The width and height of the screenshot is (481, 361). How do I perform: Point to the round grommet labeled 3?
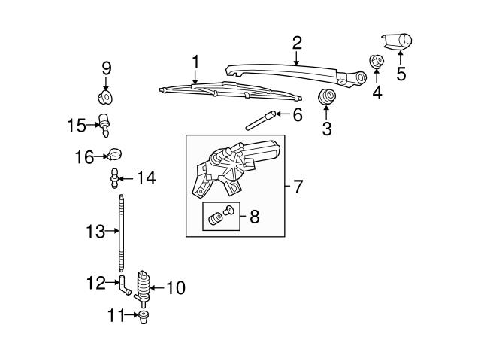327,96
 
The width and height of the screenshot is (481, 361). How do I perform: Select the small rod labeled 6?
259,120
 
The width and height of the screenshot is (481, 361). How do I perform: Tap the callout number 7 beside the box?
298,187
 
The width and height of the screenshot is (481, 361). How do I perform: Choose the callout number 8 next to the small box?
253,218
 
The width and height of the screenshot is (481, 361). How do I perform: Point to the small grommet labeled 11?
143,315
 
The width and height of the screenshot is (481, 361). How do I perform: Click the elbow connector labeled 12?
121,285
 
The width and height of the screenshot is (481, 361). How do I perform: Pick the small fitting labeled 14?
114,179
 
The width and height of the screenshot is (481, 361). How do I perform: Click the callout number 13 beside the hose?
95,232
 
